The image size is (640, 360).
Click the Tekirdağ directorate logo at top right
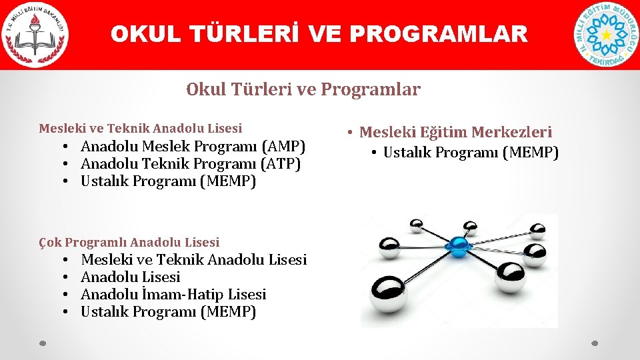click(606, 35)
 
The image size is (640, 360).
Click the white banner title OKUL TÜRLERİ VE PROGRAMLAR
click(319, 34)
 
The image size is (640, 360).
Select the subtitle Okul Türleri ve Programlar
click(303, 89)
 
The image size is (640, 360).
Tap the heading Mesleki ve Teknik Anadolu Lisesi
click(141, 128)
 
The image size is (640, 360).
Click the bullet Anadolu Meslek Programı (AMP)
click(193, 146)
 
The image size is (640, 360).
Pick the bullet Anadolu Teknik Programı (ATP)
click(191, 163)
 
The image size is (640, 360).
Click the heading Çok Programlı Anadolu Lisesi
click(129, 242)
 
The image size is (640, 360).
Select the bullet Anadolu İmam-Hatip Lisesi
click(173, 294)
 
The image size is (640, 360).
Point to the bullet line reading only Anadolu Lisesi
click(131, 277)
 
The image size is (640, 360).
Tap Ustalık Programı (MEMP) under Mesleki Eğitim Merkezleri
click(471, 153)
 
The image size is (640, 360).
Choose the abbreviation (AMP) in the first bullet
click(283, 146)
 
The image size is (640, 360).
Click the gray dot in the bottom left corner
click(43, 344)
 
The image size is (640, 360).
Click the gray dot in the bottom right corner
click(595, 344)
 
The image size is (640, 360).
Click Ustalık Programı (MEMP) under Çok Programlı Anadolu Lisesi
click(168, 311)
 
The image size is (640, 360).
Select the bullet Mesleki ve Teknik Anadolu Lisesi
click(193, 259)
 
